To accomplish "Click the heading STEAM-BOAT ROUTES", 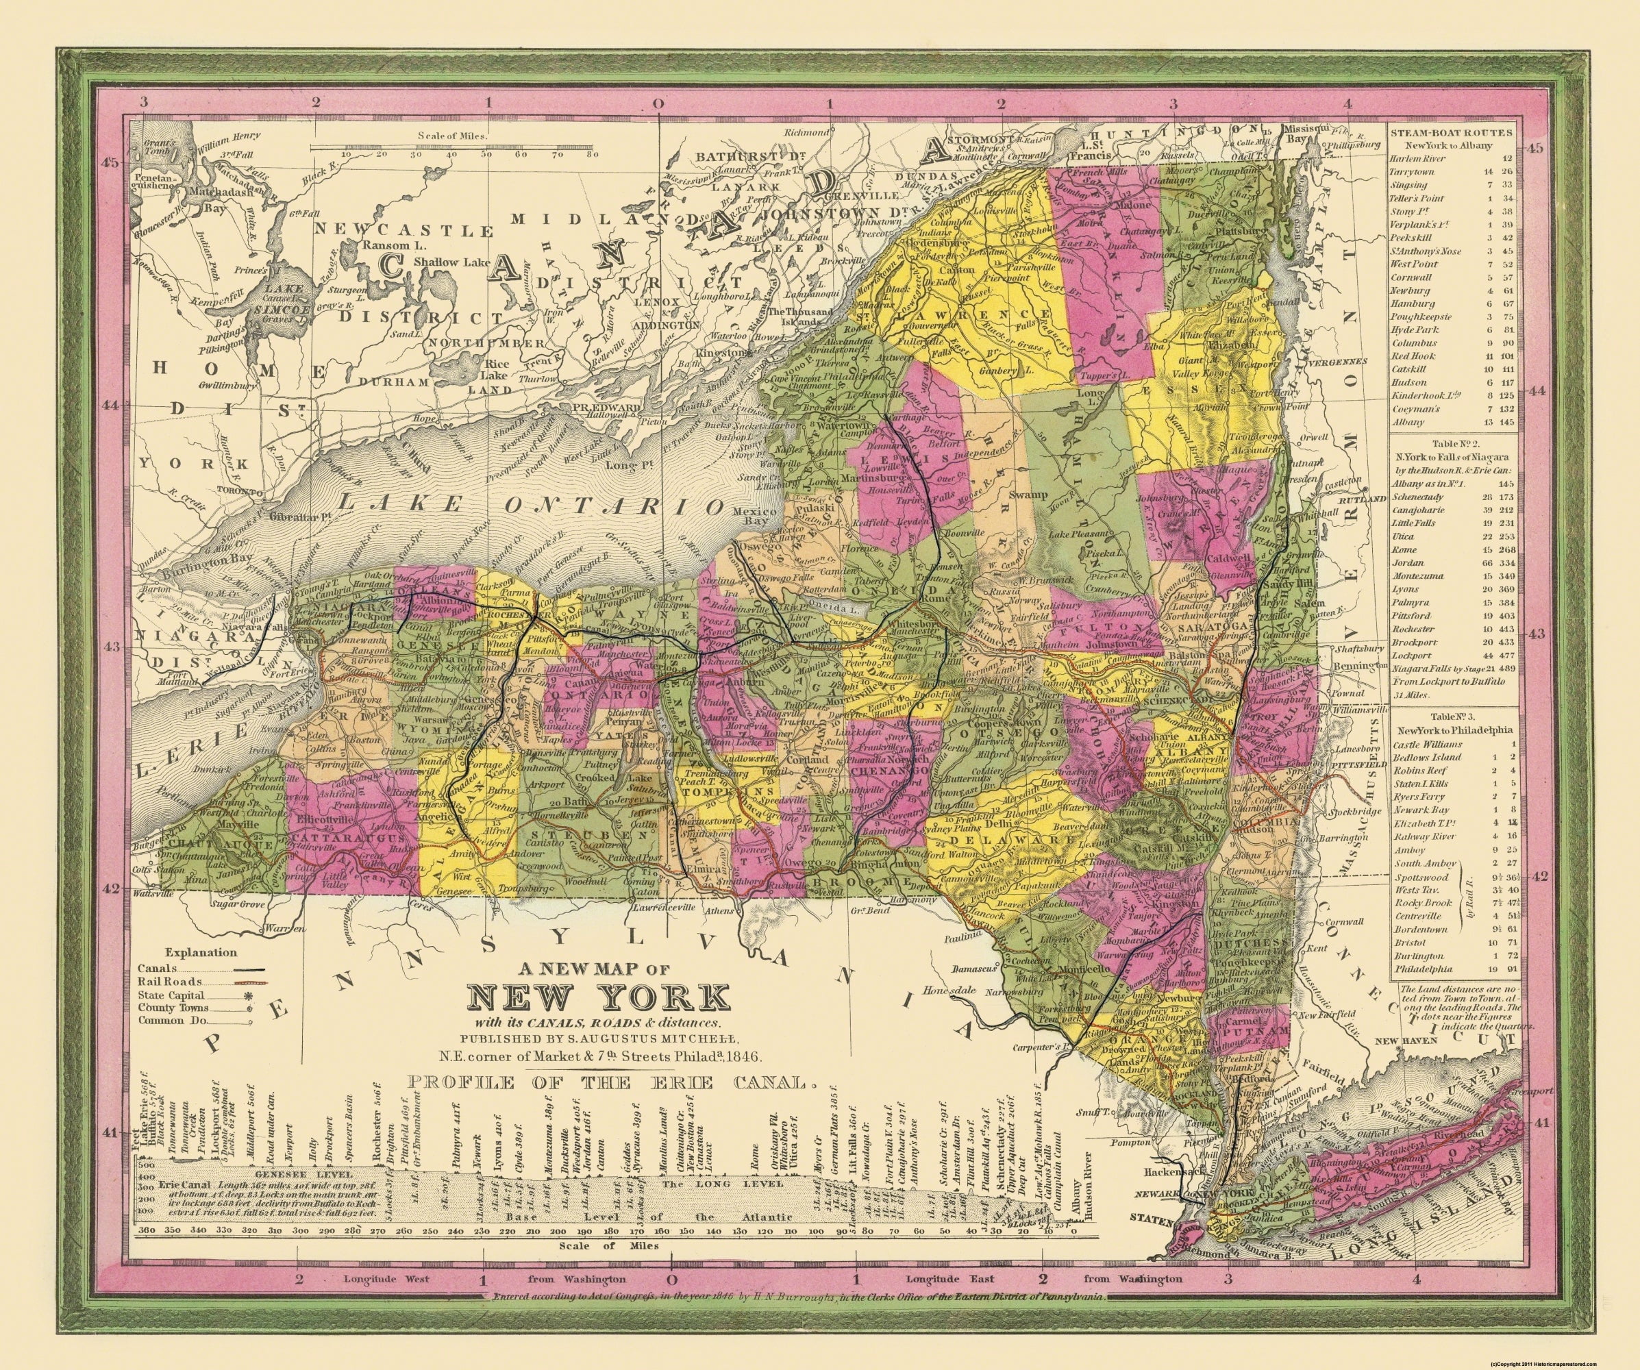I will pyautogui.click(x=1451, y=132).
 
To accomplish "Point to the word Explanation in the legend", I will pyautogui.click(x=201, y=952).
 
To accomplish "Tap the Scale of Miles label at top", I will pyautogui.click(x=452, y=135).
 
